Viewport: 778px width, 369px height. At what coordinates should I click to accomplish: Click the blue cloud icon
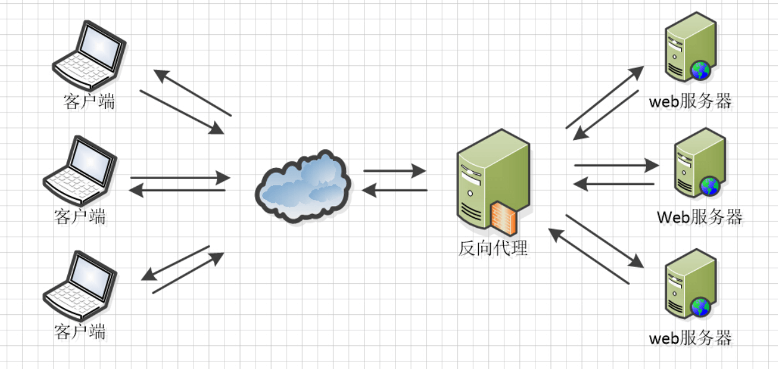pos(303,185)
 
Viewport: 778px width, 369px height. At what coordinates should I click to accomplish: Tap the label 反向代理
pos(493,248)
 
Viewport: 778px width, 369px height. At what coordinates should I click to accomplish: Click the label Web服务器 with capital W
pos(700,217)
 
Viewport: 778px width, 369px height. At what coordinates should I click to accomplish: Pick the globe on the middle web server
pos(710,186)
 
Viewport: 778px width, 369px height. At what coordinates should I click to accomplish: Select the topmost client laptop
pos(90,56)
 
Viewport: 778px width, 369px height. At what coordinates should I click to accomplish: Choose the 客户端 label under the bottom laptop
pos(80,331)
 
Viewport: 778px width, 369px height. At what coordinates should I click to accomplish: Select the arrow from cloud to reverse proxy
pos(394,169)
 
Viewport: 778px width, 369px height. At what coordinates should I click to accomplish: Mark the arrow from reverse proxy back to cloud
pos(394,190)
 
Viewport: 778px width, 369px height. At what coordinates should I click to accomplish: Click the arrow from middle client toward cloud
pos(180,177)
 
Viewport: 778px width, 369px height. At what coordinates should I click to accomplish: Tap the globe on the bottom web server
pos(700,306)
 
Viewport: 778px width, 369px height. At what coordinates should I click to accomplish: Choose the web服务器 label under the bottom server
pos(690,339)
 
